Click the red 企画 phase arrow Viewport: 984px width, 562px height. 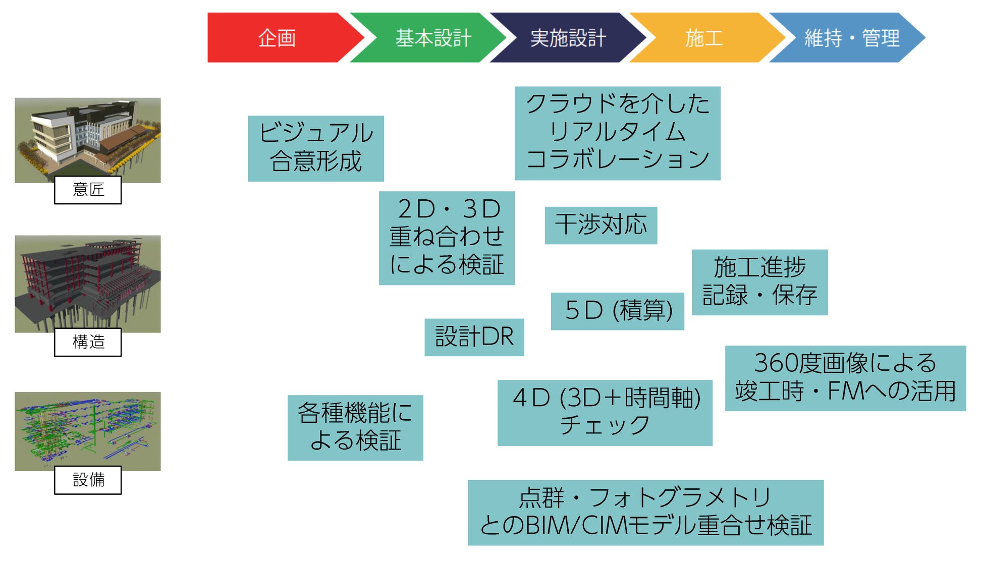point(278,38)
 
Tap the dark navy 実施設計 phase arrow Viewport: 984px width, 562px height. point(568,38)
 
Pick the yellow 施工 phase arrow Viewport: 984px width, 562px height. point(704,38)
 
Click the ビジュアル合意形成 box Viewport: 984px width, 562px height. point(316,148)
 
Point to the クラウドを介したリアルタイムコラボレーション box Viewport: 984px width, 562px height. point(617,133)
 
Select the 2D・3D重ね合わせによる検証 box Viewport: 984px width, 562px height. point(447,238)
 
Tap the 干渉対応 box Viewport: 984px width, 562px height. point(600,225)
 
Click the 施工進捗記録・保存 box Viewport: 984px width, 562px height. point(759,282)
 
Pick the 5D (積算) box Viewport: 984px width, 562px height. point(617,311)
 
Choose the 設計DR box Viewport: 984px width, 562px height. point(474,337)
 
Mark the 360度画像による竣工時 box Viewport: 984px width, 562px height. point(845,378)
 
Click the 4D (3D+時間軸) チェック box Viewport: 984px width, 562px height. point(605,413)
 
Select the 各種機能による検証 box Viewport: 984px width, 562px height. point(355,427)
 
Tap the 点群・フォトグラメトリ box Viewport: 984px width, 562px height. point(645,513)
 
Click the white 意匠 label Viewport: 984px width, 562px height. point(88,190)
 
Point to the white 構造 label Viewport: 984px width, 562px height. point(88,342)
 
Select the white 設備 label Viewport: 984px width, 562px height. point(88,480)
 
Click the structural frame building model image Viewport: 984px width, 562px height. point(88,280)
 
